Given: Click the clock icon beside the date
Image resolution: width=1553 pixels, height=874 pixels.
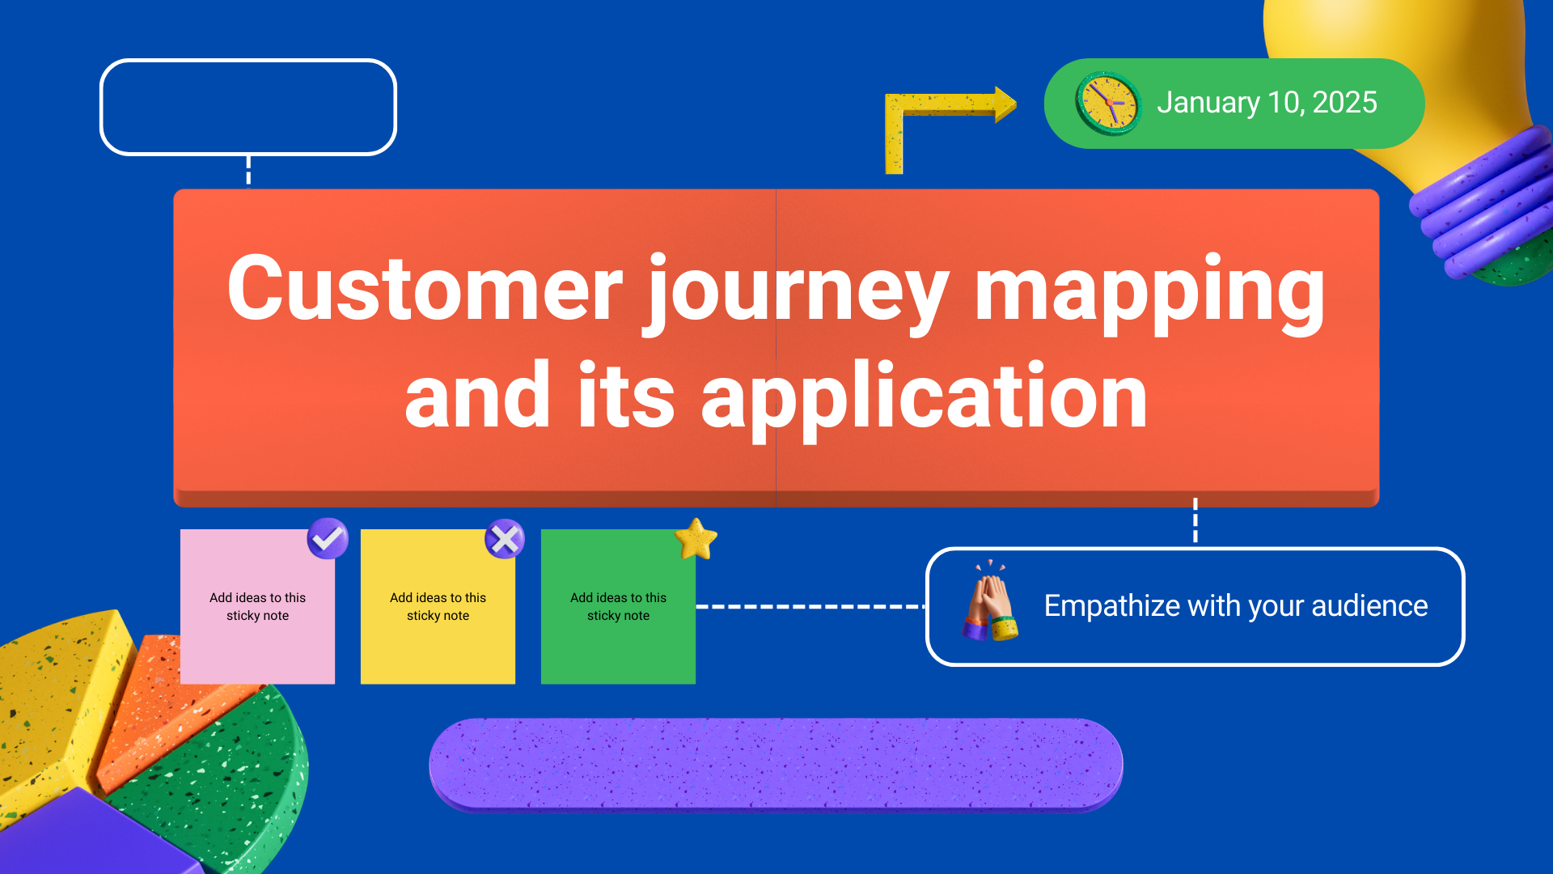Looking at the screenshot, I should tap(1108, 104).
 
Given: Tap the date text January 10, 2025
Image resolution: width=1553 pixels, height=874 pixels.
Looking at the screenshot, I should tap(1266, 103).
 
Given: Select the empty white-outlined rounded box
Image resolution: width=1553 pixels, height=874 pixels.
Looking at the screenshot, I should tap(248, 107).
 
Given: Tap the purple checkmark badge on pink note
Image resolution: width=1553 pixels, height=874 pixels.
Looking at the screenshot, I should tap(328, 538).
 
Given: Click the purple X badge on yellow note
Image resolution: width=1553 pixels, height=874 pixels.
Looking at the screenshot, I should tap(505, 539).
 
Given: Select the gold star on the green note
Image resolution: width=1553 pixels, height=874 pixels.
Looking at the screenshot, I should tap(696, 540).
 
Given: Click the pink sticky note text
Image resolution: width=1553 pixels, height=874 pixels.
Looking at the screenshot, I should tap(257, 607).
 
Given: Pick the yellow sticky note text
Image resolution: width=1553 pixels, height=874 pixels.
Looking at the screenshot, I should tap(438, 607).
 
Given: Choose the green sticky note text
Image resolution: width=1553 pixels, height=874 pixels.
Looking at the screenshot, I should tap(618, 607).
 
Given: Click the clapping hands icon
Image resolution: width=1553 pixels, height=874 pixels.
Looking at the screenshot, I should tap(991, 603).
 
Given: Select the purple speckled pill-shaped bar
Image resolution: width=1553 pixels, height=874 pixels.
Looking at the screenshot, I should tap(776, 765).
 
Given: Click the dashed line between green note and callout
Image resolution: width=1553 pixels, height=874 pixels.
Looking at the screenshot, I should tap(809, 606).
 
